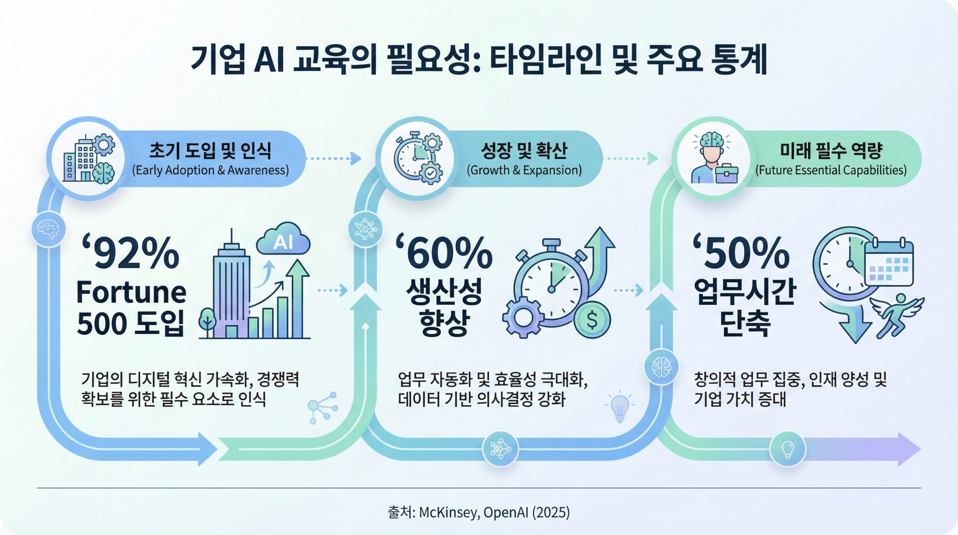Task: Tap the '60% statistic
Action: click(444, 253)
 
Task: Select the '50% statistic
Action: click(741, 253)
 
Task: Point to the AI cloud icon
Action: click(283, 238)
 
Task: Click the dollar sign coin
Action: click(592, 320)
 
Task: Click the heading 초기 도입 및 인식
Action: click(210, 151)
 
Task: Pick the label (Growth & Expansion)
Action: click(524, 170)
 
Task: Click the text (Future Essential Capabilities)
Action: click(831, 170)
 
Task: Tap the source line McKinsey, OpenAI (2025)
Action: click(479, 512)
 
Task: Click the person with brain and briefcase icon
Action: click(714, 158)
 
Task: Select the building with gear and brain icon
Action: click(89, 158)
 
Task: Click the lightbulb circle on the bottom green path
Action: click(787, 449)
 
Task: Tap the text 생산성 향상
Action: click(444, 307)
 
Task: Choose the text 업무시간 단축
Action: click(745, 307)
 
